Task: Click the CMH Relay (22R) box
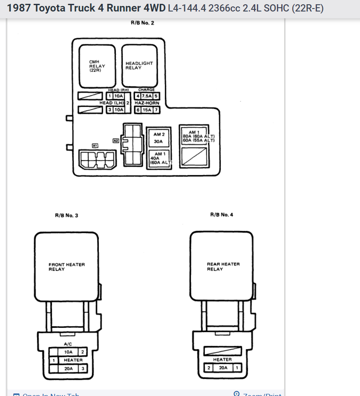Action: (x=97, y=66)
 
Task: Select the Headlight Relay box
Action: (x=139, y=66)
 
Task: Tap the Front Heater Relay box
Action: (x=66, y=267)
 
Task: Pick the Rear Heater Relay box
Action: (x=222, y=266)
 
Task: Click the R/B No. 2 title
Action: (x=142, y=23)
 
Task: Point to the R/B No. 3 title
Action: (x=66, y=215)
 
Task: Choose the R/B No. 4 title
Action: (x=222, y=215)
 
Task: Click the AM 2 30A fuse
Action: (x=159, y=138)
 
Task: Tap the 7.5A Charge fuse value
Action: (x=147, y=96)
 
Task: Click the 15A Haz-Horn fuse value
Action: (x=147, y=110)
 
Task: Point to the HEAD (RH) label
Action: (x=118, y=90)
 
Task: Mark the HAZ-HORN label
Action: (x=147, y=103)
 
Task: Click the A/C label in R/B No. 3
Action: (x=68, y=344)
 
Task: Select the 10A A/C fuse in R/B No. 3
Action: (x=68, y=352)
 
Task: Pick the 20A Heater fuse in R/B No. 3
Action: (x=68, y=368)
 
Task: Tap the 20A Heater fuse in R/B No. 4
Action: (x=223, y=367)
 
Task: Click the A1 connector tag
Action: (x=95, y=146)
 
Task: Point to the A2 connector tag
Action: (x=115, y=141)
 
